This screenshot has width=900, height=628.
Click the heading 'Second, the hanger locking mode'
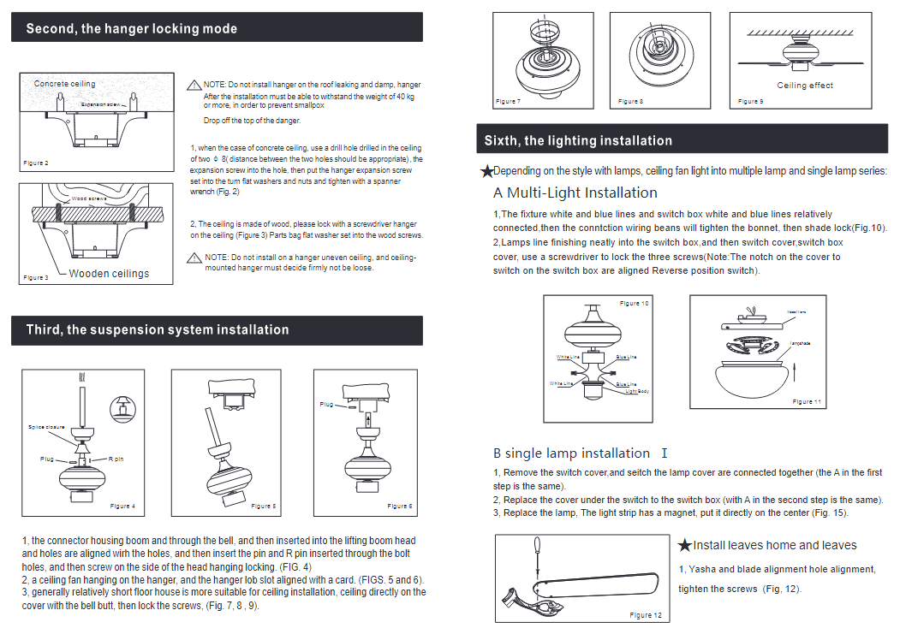click(132, 29)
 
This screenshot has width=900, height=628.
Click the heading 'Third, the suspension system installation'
click(158, 330)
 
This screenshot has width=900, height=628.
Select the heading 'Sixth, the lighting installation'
click(578, 140)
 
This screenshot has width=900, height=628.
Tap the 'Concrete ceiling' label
click(65, 84)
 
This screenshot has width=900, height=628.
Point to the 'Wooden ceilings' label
click(109, 274)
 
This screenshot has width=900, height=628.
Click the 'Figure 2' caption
click(36, 163)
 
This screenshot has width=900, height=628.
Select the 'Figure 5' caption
click(264, 507)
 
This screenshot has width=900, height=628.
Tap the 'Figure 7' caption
click(508, 102)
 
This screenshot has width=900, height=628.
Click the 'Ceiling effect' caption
click(805, 86)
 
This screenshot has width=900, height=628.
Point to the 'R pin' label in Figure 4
click(116, 459)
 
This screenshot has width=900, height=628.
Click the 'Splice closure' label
click(46, 427)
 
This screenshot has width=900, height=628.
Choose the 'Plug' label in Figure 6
click(326, 404)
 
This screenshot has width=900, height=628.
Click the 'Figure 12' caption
click(646, 615)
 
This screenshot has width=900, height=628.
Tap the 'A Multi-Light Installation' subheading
click(575, 193)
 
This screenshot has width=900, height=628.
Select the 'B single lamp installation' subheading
click(571, 453)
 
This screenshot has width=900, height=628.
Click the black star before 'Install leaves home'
click(685, 545)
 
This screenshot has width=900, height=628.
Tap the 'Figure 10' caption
click(634, 304)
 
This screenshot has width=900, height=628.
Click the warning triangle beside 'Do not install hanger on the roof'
click(194, 85)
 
